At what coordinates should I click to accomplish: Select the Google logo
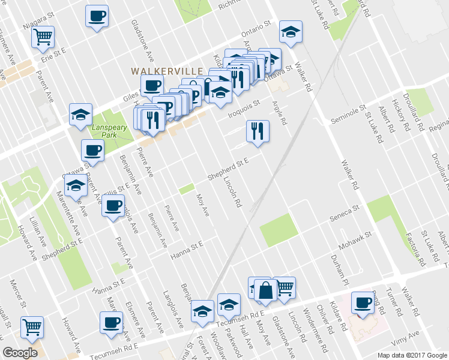click(x=20, y=352)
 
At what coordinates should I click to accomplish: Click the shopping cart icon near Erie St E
click(x=43, y=37)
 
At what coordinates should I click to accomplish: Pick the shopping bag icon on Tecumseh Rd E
click(x=266, y=291)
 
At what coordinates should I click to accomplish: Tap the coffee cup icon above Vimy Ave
click(x=363, y=303)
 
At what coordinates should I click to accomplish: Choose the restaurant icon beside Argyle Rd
click(x=258, y=131)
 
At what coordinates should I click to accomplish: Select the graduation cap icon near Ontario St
click(x=291, y=32)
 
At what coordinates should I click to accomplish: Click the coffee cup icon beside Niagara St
click(x=97, y=16)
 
